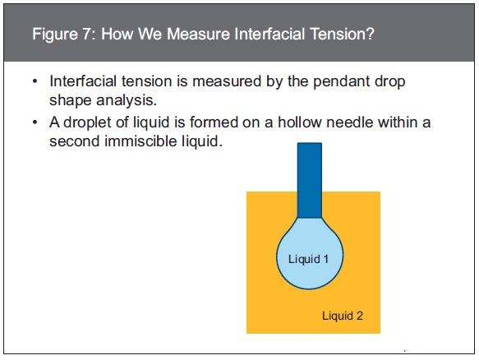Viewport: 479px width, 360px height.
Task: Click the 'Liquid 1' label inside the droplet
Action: tap(308, 259)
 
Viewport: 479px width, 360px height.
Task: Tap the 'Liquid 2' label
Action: tap(343, 316)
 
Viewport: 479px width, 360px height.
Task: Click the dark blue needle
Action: tap(310, 180)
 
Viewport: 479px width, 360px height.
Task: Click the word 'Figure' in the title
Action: tap(55, 35)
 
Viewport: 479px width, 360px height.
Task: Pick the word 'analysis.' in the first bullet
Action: tap(127, 100)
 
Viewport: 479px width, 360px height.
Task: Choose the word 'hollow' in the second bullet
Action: tap(299, 122)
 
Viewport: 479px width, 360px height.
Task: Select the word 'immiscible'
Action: tap(140, 141)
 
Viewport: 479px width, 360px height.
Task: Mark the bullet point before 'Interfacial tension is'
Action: tap(35, 82)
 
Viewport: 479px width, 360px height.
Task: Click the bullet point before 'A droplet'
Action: tap(35, 122)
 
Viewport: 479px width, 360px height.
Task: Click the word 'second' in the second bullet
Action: tap(75, 141)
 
